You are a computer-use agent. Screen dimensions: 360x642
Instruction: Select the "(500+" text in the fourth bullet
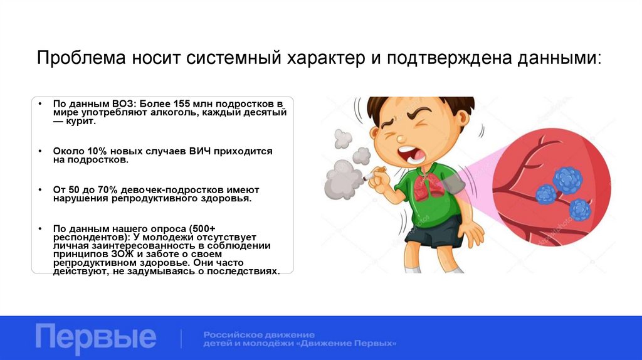coord(201,228)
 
